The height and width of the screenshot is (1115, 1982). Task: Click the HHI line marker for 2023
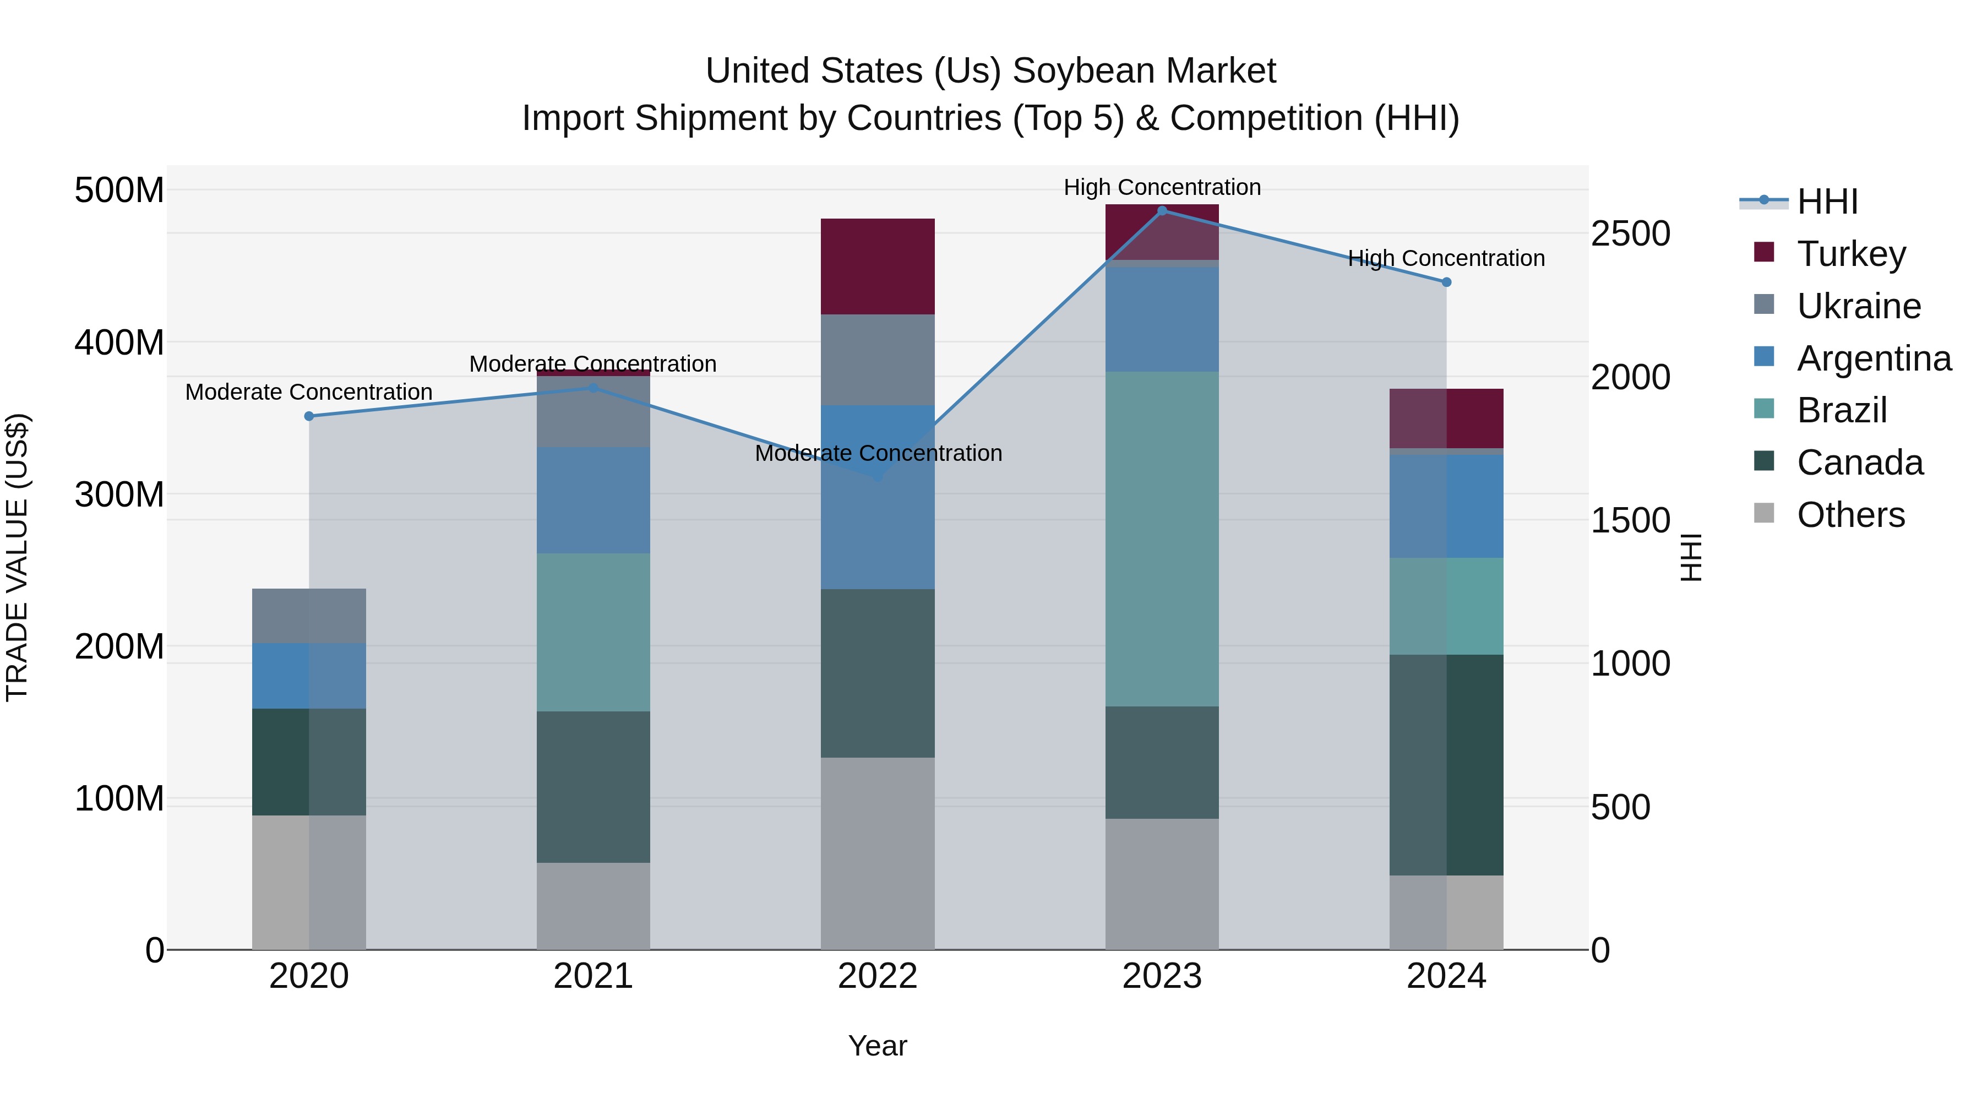1162,210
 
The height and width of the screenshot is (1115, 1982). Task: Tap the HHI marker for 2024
1446,282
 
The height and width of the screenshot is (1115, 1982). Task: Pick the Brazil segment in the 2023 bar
1162,539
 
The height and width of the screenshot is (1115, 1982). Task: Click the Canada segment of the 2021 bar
592,786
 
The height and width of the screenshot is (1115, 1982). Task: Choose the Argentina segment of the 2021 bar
592,500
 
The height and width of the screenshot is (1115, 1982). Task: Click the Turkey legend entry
1850,254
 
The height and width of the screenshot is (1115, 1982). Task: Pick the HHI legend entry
1827,202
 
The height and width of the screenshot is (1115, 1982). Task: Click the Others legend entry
1850,515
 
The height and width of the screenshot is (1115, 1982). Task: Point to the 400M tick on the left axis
119,341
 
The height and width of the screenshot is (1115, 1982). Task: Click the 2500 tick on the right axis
1630,234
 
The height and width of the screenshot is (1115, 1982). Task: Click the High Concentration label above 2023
1162,187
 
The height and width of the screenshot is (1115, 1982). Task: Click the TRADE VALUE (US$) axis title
17,557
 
